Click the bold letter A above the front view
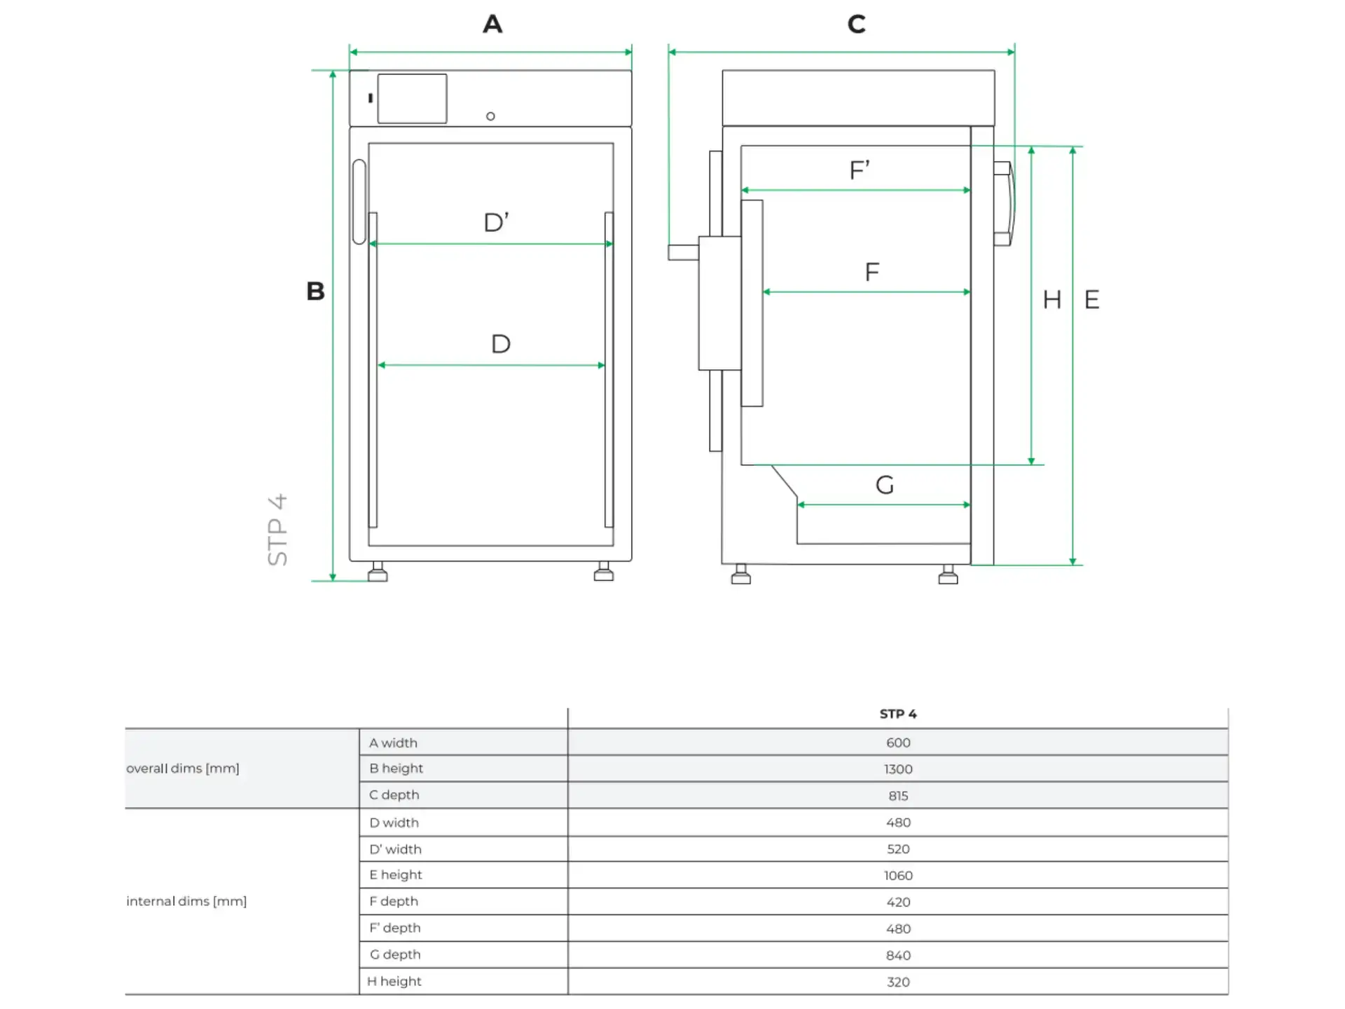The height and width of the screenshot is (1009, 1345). click(x=492, y=25)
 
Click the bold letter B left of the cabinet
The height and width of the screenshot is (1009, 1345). click(x=315, y=291)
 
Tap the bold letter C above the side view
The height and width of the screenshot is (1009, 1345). click(x=856, y=25)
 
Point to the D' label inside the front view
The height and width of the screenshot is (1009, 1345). click(x=496, y=223)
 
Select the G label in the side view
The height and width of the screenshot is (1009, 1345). click(x=885, y=485)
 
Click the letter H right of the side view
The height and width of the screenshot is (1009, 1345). click(x=1051, y=300)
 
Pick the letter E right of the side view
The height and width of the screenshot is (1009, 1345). click(x=1091, y=300)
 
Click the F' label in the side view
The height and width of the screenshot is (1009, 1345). click(x=860, y=170)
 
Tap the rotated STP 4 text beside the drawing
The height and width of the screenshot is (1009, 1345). click(x=278, y=530)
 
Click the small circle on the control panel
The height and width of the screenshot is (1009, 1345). click(x=490, y=116)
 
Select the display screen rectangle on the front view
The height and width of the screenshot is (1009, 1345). click(x=412, y=99)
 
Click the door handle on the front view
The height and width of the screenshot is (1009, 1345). click(x=359, y=202)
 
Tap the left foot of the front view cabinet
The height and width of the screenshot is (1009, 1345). click(x=378, y=572)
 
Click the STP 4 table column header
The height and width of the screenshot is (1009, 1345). click(x=898, y=714)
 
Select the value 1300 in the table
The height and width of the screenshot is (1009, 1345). click(x=898, y=769)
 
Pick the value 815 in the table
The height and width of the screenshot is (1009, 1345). click(x=898, y=796)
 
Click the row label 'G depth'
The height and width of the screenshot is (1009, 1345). click(x=395, y=954)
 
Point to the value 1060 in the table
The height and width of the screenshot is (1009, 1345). click(x=898, y=876)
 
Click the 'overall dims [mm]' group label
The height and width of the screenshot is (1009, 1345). click(x=183, y=769)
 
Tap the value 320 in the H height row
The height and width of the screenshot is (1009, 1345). click(x=898, y=982)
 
